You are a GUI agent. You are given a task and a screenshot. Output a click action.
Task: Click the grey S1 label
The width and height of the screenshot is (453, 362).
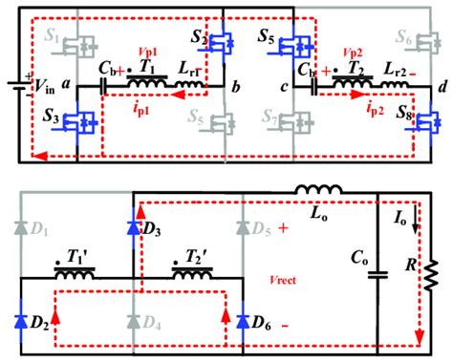(55, 39)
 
